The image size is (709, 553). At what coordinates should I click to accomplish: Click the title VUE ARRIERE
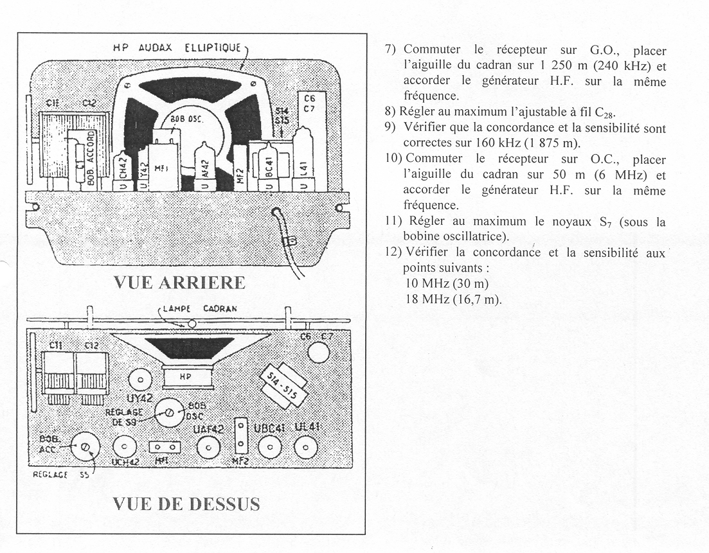pyautogui.click(x=179, y=282)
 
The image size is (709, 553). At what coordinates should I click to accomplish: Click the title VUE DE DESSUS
pyautogui.click(x=186, y=504)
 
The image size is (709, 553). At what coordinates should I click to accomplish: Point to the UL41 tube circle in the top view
pyautogui.click(x=306, y=448)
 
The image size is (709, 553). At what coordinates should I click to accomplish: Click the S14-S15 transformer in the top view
pyautogui.click(x=280, y=383)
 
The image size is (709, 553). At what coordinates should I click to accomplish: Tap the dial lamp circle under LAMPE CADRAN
pyautogui.click(x=190, y=322)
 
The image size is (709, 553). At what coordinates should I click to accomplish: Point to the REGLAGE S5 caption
pyautogui.click(x=60, y=476)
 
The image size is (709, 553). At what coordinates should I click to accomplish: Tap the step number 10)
pyautogui.click(x=394, y=158)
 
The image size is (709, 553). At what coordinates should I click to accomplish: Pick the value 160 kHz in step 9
pyautogui.click(x=437, y=142)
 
